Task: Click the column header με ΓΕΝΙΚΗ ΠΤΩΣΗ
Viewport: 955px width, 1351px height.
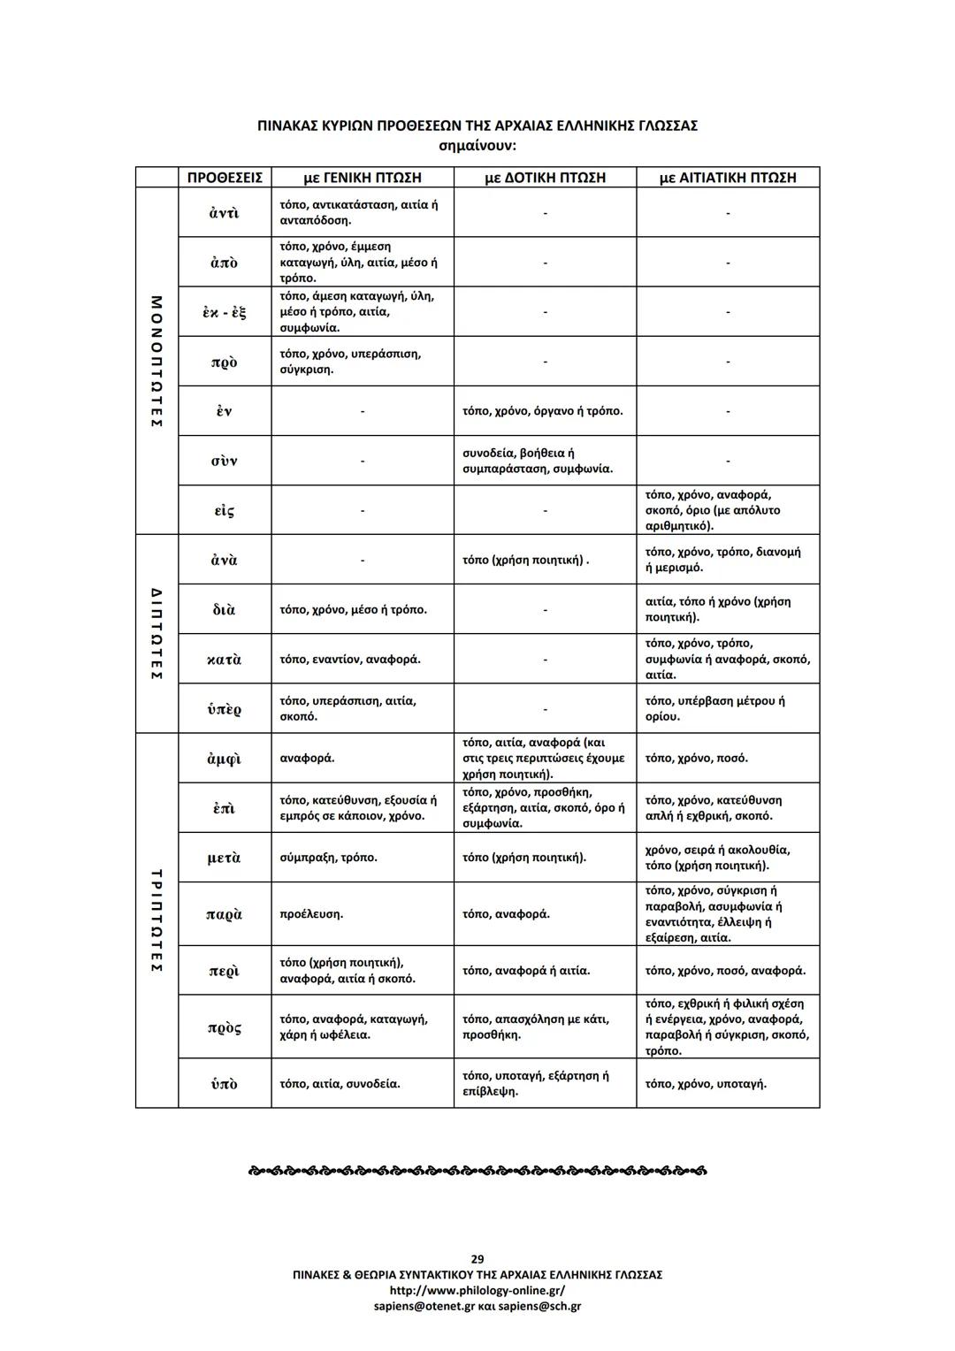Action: [x=363, y=178]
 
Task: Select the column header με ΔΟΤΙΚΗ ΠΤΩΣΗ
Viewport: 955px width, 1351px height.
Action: [x=545, y=178]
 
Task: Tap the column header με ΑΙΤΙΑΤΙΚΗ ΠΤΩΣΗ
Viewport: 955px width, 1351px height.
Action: [x=728, y=178]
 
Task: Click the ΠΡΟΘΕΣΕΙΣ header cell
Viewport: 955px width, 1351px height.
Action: [x=225, y=178]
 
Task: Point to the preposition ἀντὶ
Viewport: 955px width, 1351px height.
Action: [x=224, y=213]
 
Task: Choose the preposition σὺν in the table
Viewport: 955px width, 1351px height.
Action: [x=224, y=462]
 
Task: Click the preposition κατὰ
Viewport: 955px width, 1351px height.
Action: [x=224, y=660]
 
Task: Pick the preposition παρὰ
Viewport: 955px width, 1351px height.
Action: [x=224, y=914]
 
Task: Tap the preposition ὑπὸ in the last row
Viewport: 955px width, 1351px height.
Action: [x=224, y=1084]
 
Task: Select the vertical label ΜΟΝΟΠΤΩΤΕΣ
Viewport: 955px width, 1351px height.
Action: [x=157, y=361]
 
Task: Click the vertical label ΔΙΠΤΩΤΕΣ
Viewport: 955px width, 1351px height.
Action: [x=157, y=633]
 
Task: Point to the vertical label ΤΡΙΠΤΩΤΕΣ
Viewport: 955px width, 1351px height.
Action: [x=157, y=920]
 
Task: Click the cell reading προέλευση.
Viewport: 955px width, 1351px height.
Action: [x=311, y=914]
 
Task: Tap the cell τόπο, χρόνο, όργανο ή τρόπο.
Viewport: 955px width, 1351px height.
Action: [x=542, y=411]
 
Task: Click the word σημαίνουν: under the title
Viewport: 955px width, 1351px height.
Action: [x=477, y=143]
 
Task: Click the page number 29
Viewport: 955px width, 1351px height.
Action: [x=477, y=1259]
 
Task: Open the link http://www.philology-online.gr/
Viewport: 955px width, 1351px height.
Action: [x=477, y=1290]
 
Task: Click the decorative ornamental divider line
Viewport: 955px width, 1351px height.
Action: [x=477, y=1172]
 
